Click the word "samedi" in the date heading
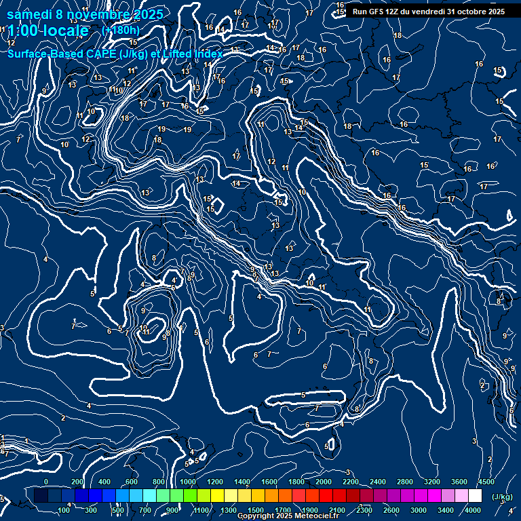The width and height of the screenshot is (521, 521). (x=29, y=14)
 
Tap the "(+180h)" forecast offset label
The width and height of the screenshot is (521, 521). (x=120, y=31)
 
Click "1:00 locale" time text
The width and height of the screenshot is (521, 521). (x=47, y=31)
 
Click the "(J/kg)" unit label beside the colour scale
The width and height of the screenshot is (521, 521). (x=502, y=497)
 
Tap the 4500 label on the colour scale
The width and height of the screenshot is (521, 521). (x=486, y=482)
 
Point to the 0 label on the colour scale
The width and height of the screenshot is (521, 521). (x=46, y=482)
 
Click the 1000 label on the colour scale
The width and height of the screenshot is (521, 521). (x=187, y=482)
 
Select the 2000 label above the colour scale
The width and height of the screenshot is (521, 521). (x=324, y=482)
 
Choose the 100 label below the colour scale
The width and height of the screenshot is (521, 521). (x=64, y=510)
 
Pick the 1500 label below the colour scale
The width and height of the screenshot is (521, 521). (x=256, y=510)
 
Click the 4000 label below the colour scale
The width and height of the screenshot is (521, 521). (x=473, y=510)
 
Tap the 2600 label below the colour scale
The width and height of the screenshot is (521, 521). (x=391, y=510)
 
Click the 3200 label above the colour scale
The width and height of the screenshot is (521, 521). (x=432, y=482)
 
